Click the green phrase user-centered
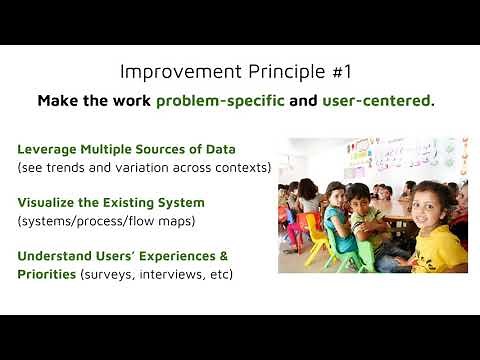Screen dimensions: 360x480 [x=379, y=101]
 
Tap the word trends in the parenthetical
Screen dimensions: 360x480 [x=70, y=167]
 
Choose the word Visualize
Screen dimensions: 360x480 [x=46, y=201]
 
